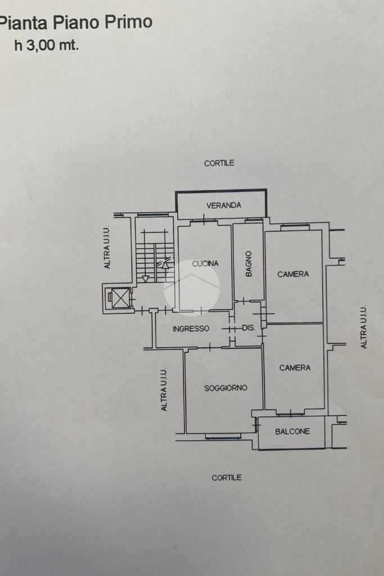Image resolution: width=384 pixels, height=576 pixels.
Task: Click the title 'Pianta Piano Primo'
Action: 76,22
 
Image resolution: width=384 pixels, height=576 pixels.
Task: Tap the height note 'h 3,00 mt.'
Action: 46,46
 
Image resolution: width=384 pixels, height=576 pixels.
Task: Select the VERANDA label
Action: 223,205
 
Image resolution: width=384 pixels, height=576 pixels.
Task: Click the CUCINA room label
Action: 205,263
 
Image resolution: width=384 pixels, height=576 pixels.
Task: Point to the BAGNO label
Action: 249,263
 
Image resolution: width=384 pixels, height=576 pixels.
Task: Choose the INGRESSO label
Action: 191,328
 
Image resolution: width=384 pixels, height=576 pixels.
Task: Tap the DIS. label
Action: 249,328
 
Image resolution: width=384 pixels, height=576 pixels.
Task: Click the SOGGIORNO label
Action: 225,388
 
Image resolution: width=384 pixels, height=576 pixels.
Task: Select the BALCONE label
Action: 292,431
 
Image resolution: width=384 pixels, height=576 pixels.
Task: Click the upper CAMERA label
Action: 293,274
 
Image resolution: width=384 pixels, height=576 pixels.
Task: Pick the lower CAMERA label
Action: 295,367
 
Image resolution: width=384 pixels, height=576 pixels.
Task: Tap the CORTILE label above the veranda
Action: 219,163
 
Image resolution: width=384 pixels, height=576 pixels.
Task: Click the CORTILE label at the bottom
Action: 227,478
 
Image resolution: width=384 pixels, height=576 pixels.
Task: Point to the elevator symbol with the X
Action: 120,298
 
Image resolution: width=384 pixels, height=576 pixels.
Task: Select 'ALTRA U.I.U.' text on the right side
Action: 364,327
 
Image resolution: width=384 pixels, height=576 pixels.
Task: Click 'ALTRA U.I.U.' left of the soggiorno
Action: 164,389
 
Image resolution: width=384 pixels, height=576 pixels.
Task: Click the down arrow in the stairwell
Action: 146,277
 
